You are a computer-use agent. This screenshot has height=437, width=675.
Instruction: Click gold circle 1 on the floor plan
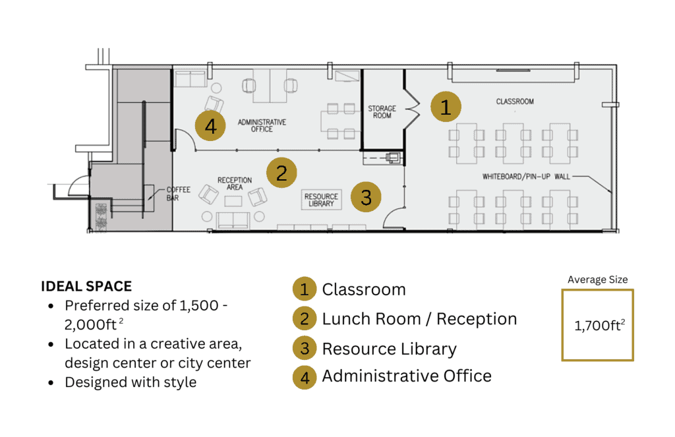pos(446,107)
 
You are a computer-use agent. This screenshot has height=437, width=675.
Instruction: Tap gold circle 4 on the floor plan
pos(210,126)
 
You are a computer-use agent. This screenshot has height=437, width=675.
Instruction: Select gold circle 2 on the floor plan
pos(281,173)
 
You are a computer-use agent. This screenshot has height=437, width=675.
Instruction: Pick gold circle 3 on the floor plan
pos(366,197)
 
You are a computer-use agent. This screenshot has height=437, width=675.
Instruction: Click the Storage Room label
pos(382,112)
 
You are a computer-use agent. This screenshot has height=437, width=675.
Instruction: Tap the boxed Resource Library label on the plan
pos(321,200)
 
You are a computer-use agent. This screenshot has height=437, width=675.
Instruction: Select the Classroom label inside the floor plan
pos(515,102)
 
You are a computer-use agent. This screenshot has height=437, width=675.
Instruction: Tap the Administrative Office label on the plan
pos(262,125)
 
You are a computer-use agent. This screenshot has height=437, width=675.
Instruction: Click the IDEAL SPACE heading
pos(86,286)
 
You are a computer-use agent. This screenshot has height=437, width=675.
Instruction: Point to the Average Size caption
pos(597,279)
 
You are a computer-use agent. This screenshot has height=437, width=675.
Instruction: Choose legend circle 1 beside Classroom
pos(305,289)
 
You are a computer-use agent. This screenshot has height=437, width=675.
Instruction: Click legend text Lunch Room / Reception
pos(419,319)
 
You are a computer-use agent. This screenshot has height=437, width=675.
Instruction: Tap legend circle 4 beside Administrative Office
pos(305,376)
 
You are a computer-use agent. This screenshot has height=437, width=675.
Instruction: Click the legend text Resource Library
pos(389,349)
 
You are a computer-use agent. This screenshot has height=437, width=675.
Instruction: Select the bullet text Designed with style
pos(131,382)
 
